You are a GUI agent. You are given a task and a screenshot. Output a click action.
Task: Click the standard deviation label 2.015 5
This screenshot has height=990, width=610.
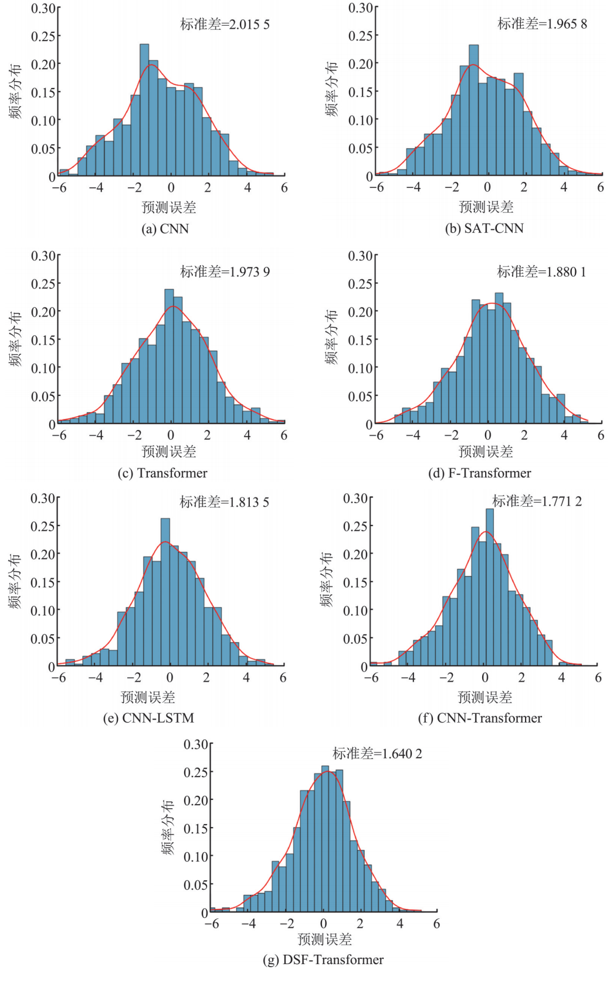click(x=225, y=25)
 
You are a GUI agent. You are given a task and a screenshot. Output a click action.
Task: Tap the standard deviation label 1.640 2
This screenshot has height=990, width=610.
click(x=377, y=754)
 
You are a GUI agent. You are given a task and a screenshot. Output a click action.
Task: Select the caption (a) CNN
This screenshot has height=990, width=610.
click(x=165, y=229)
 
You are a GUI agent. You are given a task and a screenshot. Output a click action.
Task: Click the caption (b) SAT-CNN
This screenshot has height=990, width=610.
click(x=484, y=229)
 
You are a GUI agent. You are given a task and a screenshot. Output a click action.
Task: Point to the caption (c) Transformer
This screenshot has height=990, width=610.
click(x=162, y=473)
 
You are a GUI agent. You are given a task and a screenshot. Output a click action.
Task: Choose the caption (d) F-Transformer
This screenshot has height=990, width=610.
click(x=479, y=473)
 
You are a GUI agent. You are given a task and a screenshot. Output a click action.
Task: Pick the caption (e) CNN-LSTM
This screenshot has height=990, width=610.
click(x=148, y=718)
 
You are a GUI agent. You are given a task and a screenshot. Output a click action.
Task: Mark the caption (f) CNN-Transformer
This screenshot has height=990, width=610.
click(x=480, y=718)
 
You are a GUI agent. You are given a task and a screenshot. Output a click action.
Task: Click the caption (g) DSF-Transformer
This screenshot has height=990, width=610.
click(x=323, y=960)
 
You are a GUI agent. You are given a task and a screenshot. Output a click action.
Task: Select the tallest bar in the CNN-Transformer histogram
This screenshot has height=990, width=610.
click(x=490, y=586)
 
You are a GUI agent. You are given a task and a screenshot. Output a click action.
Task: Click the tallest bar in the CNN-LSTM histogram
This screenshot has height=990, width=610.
click(x=165, y=592)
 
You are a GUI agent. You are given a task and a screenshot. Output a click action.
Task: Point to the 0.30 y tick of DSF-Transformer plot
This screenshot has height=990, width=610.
click(x=195, y=745)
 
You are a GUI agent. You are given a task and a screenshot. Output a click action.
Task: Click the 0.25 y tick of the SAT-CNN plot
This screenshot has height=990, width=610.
click(x=360, y=36)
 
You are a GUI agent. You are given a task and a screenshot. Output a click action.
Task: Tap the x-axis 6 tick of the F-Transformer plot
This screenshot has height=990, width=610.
click(x=601, y=435)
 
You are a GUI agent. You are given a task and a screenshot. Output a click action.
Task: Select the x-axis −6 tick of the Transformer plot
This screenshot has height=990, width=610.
click(x=59, y=435)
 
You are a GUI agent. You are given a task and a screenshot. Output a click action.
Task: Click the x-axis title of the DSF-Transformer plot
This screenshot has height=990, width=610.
click(x=324, y=940)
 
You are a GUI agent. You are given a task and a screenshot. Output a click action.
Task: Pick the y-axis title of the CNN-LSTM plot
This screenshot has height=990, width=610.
click(x=15, y=581)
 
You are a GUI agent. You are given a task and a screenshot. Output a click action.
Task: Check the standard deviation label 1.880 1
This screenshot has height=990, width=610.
click(x=541, y=272)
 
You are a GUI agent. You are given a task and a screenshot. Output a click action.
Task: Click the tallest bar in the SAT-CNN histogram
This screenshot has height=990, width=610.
click(x=474, y=110)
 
